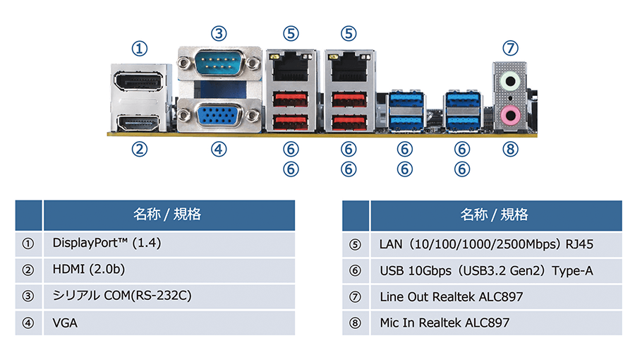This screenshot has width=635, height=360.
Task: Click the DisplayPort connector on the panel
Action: pos(140,85)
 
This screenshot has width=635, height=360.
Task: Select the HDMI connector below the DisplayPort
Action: pos(140,124)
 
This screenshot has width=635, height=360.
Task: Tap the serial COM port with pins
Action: pos(219,66)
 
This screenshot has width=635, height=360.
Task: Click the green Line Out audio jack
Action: pos(509,82)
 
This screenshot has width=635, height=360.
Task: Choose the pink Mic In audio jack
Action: pos(509,114)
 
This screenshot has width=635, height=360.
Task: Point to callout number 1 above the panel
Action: pos(140,48)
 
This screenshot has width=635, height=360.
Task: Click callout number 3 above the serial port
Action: pos(219,33)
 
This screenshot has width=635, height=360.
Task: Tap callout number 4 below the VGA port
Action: pos(219,149)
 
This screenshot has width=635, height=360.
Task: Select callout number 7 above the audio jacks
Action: pos(510,48)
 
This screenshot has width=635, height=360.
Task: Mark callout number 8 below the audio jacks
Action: pos(510,149)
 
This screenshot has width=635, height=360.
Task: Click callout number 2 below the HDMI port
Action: pos(140,149)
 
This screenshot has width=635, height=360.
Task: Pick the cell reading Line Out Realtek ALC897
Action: pos(452,296)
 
